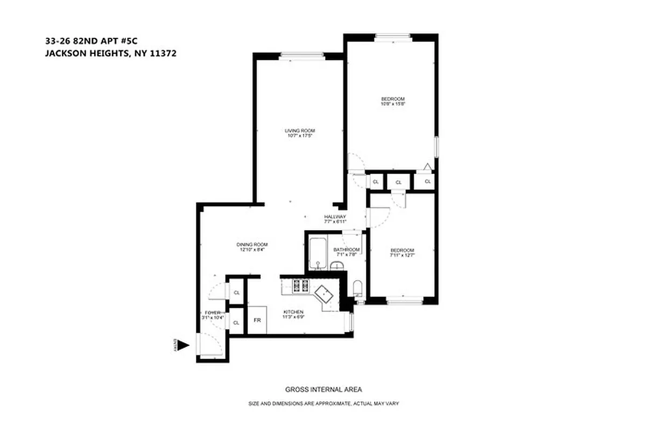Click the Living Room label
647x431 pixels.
299,130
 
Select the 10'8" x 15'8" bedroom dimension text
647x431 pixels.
392,104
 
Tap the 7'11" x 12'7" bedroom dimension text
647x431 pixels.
402,255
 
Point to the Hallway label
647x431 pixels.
335,217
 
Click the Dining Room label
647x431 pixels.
252,245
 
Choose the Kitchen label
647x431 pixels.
293,312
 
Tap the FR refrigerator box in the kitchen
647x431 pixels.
257,320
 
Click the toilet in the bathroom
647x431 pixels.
357,288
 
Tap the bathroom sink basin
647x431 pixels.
337,266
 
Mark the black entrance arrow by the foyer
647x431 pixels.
183,345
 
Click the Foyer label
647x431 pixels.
211,313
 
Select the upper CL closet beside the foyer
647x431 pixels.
236,293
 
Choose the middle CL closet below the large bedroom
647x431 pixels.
398,183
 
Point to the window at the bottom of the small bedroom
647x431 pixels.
403,301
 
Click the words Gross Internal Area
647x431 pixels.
323,390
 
